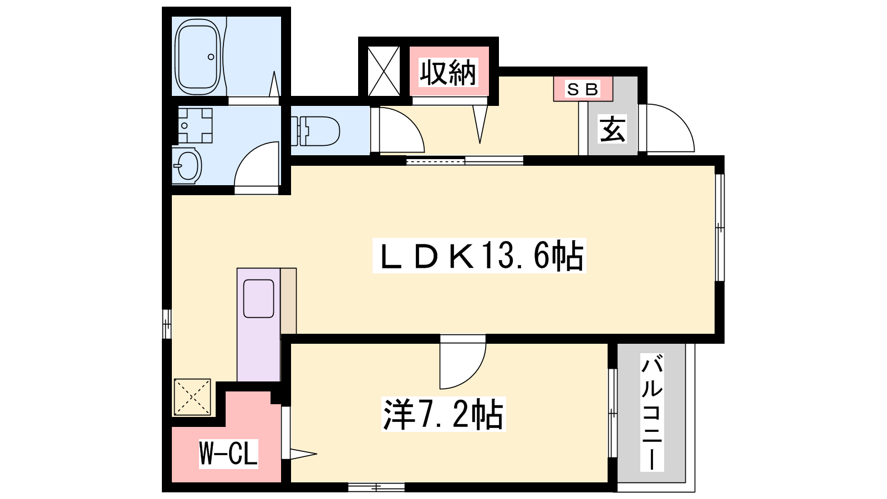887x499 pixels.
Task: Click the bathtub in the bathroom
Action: pos(197,57)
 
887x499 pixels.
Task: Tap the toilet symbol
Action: pos(315,131)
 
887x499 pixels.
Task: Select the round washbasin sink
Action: pos(187,166)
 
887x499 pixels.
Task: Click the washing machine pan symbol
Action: pos(195,125)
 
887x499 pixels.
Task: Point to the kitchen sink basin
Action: pos(258,299)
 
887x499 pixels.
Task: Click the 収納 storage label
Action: pos(448,73)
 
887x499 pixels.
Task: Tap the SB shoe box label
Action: pos(583,89)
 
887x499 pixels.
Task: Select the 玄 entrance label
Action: pos(613,129)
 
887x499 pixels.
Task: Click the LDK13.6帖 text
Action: pos(480,256)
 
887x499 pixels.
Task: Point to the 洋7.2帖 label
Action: pos(443,414)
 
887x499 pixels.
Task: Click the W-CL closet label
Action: pos(228,454)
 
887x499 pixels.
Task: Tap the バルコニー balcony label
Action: pos(652,413)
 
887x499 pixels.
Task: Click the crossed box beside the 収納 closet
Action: pos(384,72)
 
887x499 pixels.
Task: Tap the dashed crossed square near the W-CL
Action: pos(192,397)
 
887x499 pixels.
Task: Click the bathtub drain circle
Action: pos(211,57)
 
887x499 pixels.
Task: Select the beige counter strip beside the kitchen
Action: pos(288,301)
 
